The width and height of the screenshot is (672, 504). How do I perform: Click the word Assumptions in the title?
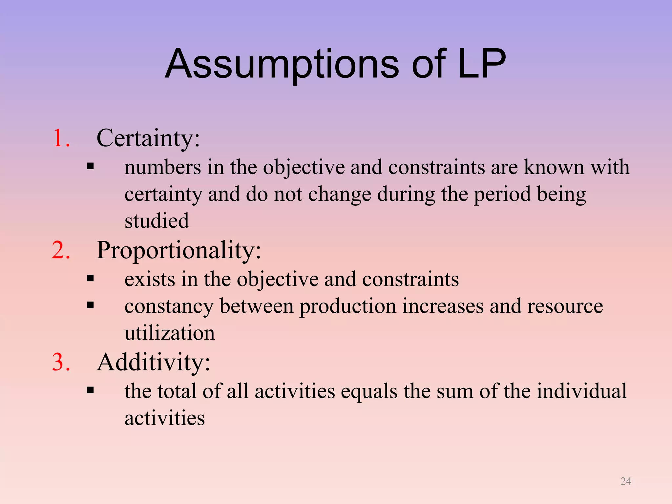click(282, 64)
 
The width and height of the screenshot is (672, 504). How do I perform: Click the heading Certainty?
click(148, 138)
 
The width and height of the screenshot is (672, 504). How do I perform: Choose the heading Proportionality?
click(179, 251)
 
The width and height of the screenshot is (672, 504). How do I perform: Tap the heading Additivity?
click(154, 363)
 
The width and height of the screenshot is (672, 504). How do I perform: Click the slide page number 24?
click(626, 481)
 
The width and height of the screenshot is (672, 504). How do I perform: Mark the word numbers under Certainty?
click(163, 167)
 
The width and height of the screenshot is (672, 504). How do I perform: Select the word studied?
click(157, 221)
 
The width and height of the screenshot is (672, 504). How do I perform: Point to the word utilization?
click(170, 333)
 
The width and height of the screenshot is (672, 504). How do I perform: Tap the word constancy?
click(169, 307)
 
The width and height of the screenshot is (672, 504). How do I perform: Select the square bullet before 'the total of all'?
click(91, 390)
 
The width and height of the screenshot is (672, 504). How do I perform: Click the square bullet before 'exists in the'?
click(91, 279)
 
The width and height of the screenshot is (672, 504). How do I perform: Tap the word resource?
click(565, 306)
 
